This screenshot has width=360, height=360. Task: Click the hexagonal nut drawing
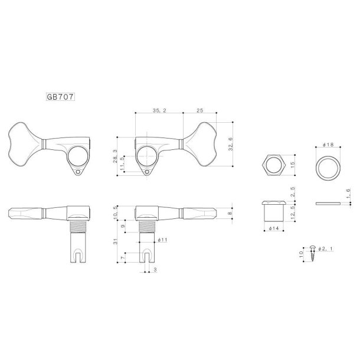pyautogui.click(x=273, y=166)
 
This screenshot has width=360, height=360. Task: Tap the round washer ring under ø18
pyautogui.click(x=329, y=168)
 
